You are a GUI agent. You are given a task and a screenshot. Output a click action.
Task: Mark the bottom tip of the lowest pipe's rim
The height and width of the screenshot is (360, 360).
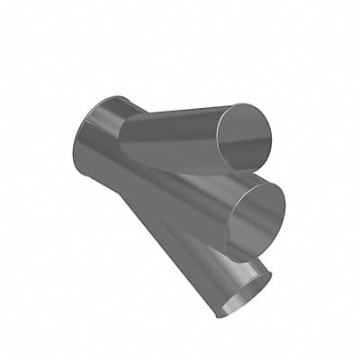(220, 315)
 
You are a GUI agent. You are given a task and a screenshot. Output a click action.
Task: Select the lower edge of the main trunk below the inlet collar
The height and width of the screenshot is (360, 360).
(135, 216)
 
